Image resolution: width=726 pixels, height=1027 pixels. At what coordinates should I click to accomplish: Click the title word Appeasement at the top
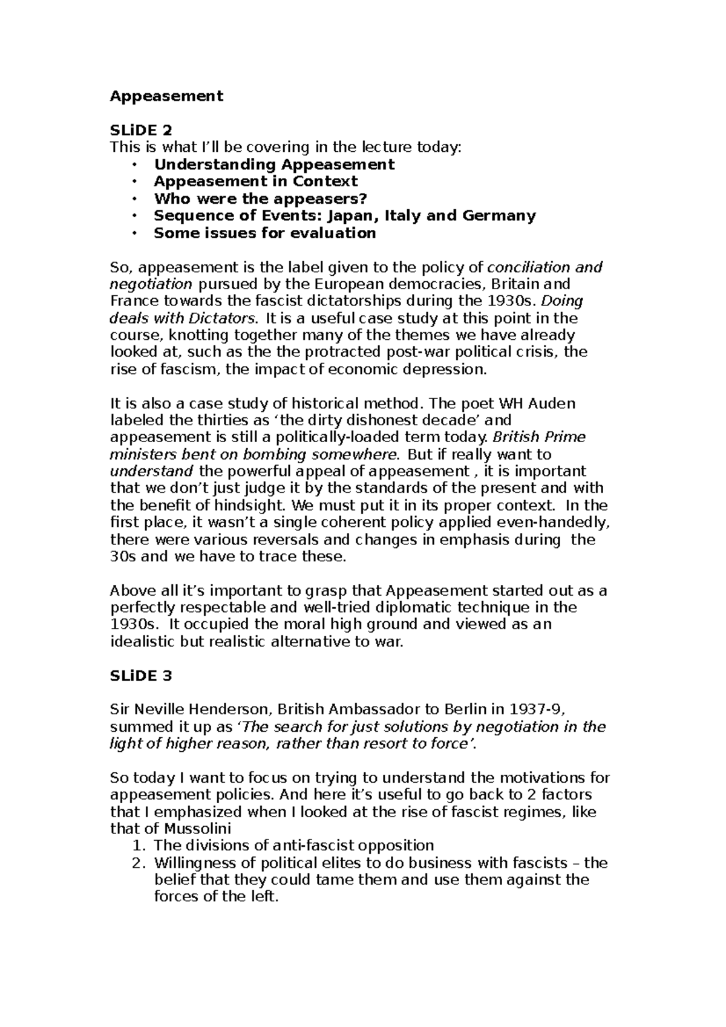166,96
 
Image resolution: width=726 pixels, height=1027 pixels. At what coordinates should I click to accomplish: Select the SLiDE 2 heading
140,130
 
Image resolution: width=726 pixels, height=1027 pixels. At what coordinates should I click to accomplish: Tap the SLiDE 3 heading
140,676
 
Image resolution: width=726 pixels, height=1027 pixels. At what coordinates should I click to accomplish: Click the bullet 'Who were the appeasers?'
261,198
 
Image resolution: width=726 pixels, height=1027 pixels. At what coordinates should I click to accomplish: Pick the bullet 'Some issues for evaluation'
265,233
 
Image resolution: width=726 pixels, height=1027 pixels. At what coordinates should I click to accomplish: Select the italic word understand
152,471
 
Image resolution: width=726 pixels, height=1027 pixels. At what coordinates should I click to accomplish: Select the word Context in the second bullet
325,181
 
